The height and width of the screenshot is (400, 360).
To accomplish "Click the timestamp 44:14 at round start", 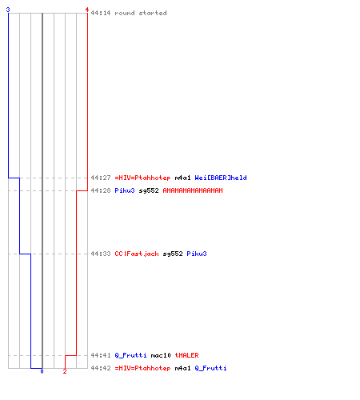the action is click(x=101, y=13).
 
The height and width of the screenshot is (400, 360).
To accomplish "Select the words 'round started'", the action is click(x=141, y=13).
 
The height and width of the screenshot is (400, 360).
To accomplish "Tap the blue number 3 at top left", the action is click(x=8, y=10).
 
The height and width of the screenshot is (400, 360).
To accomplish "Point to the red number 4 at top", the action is click(x=87, y=10).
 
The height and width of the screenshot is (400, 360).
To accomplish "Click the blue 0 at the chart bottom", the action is click(x=42, y=371).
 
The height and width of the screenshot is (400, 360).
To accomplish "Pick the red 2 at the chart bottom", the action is click(x=65, y=371).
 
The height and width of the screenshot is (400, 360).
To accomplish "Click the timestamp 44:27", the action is click(x=101, y=178).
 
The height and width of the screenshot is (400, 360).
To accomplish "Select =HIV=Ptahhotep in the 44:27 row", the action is click(x=142, y=178).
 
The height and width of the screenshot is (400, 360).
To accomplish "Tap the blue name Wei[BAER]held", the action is click(x=221, y=178).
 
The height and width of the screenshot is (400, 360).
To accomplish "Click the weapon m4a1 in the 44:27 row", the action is click(x=182, y=178).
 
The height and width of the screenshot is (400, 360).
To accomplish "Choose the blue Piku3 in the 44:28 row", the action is click(x=125, y=190).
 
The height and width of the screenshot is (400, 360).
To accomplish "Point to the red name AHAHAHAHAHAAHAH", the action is click(x=193, y=190).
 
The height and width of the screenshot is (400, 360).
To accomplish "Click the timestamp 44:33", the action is click(x=101, y=254).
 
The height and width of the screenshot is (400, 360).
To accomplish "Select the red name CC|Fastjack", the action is click(x=137, y=254).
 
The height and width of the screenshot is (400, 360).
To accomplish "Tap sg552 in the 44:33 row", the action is click(x=173, y=254).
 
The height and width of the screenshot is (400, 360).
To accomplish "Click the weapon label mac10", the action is click(x=161, y=355).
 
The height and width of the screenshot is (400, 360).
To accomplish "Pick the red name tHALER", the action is click(x=186, y=355).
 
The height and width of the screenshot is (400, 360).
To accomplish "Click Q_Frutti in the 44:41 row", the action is click(x=130, y=355).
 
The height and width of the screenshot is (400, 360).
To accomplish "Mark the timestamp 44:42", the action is click(x=101, y=368).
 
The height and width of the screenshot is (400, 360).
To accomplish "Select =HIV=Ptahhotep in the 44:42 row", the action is click(x=142, y=368).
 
